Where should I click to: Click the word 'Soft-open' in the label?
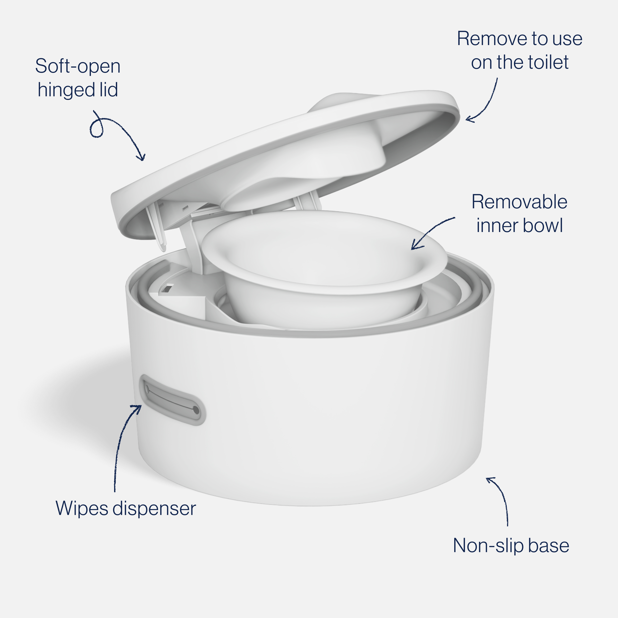point(78,66)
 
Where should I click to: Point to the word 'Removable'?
point(519,202)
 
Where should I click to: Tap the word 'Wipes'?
point(82,508)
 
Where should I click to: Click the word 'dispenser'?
point(154,508)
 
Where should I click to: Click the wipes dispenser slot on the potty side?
point(172,400)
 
